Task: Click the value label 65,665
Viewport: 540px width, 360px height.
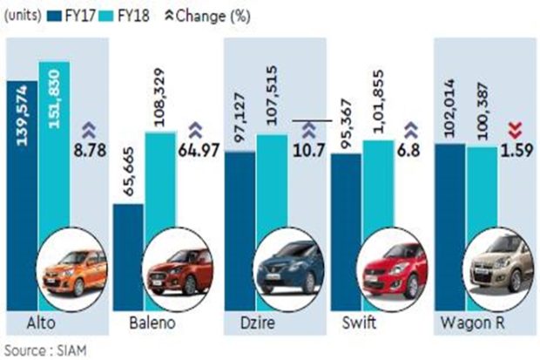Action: point(129,173)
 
